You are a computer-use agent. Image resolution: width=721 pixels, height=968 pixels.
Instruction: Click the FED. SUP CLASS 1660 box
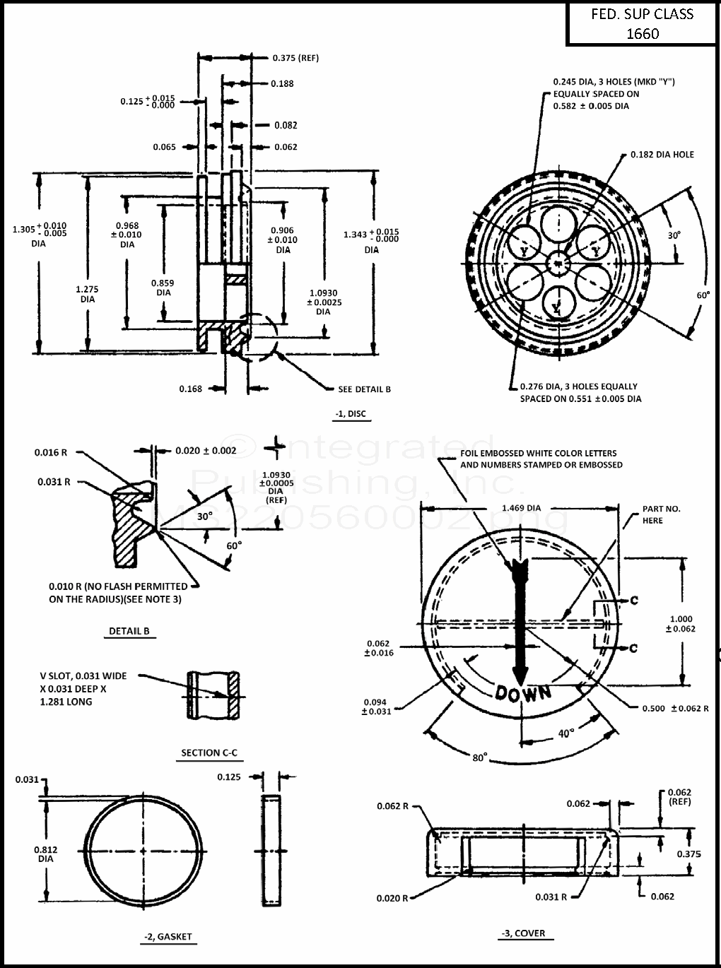(642, 24)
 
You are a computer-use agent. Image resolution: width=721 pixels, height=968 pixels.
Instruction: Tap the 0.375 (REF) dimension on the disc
(295, 58)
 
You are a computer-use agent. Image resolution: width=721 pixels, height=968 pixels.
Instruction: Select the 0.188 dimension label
(282, 83)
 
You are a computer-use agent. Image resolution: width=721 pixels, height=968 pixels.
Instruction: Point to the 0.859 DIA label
(163, 288)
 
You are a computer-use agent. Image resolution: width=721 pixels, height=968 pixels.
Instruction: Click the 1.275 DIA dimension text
(87, 294)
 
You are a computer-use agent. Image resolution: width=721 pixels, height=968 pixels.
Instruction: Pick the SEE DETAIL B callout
(364, 389)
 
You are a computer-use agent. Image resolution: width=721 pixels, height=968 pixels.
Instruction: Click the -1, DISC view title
(351, 414)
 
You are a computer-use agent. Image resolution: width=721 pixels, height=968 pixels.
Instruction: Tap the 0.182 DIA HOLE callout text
(662, 155)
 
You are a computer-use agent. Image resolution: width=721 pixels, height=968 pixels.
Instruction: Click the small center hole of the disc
(558, 264)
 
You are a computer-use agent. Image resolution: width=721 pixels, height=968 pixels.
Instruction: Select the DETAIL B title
(129, 631)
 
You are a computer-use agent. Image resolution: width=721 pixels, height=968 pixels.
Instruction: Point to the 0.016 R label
(51, 452)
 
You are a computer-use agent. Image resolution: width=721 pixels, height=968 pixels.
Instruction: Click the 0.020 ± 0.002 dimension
(206, 451)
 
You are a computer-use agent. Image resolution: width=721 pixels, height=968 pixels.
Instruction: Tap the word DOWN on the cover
(523, 693)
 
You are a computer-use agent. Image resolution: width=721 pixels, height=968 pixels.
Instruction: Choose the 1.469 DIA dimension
(521, 508)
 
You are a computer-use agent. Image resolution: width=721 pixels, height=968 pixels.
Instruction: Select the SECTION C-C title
(209, 752)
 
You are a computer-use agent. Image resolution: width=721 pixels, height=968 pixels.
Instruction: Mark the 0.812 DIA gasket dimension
(46, 854)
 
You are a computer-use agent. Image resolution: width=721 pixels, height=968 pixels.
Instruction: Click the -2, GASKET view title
(168, 937)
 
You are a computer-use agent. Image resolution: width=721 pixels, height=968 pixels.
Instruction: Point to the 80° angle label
(479, 757)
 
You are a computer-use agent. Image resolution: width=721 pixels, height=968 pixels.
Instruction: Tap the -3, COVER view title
(524, 933)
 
